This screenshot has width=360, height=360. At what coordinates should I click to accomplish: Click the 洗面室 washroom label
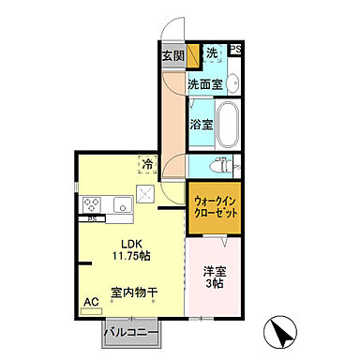pos(204,84)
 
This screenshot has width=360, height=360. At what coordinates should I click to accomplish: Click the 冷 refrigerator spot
pos(148,163)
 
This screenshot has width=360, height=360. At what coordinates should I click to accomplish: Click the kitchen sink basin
pos(121,203)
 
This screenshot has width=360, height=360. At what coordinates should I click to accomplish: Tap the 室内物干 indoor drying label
pos(134,292)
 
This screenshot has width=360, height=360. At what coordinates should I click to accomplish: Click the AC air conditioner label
pos(92,302)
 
